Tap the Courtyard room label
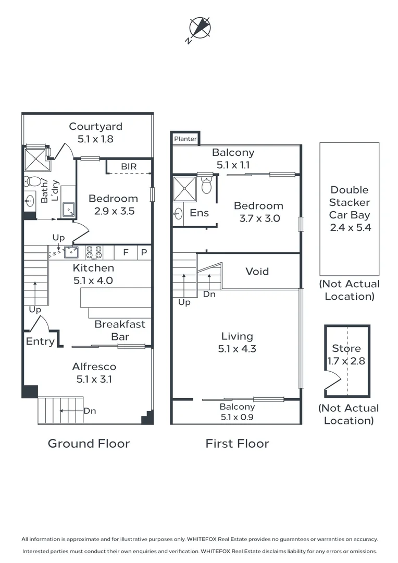[x=96, y=127]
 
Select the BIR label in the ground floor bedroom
[x=129, y=166]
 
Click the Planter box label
[x=185, y=139]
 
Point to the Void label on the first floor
[x=257, y=272]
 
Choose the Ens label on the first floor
[x=199, y=213]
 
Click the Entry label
[x=40, y=341]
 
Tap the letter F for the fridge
[x=126, y=252]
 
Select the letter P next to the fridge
[x=144, y=252]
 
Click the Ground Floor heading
[x=89, y=444]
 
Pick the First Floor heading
[x=237, y=444]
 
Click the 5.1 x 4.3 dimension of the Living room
[x=237, y=349]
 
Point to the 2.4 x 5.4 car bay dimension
[x=350, y=227]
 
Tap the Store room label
[x=346, y=349]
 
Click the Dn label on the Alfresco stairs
[x=90, y=411]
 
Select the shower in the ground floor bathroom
[x=37, y=158]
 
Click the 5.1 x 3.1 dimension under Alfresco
[x=94, y=380]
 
